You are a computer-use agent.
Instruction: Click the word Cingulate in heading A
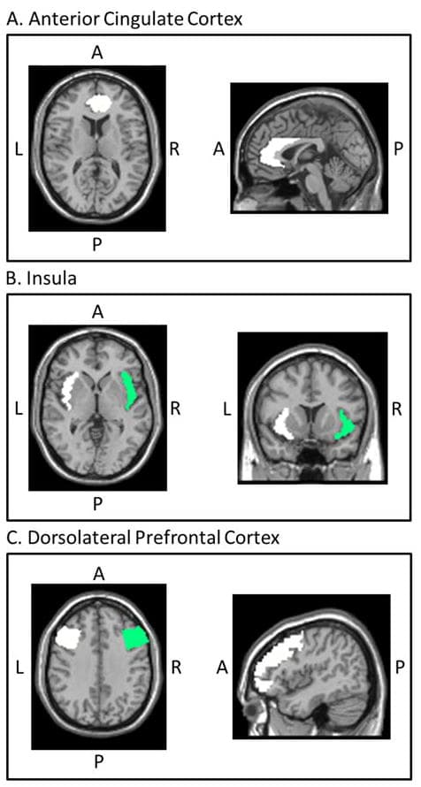[131, 19]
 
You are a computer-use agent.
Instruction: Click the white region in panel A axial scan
[98, 103]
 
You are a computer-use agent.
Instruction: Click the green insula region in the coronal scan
[346, 425]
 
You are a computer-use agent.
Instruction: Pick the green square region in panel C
[136, 638]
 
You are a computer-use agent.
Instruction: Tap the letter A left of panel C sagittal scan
[218, 667]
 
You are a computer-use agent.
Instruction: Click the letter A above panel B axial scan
[97, 312]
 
